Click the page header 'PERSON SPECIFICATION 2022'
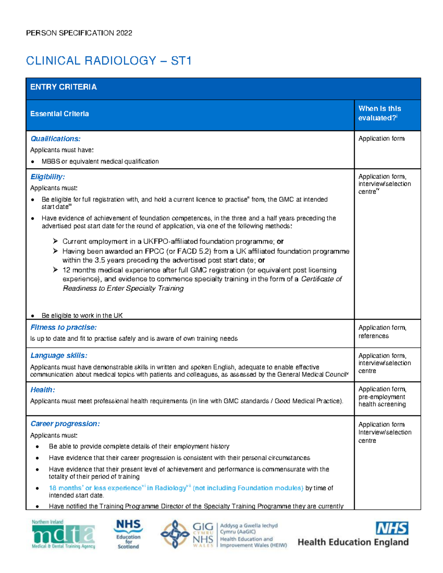pos(79,33)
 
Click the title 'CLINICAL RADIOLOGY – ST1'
pos(109,61)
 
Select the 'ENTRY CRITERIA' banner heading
pos(63,87)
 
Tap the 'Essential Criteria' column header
pos(59,114)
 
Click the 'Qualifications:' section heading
pos(55,139)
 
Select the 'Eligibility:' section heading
pos(48,177)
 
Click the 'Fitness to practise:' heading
pos(63,327)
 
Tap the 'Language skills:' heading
pos(59,356)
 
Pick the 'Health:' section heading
pos(42,390)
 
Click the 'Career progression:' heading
pos(65,424)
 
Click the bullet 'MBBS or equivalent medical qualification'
pos(100,162)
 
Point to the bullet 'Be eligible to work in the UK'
pos(82,315)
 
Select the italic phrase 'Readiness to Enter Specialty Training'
pos(123,289)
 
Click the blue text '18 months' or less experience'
pos(95,488)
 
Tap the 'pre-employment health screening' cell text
pos(382,401)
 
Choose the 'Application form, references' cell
pos(382,332)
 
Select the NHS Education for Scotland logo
pos(128,534)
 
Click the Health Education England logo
pos(353,534)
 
